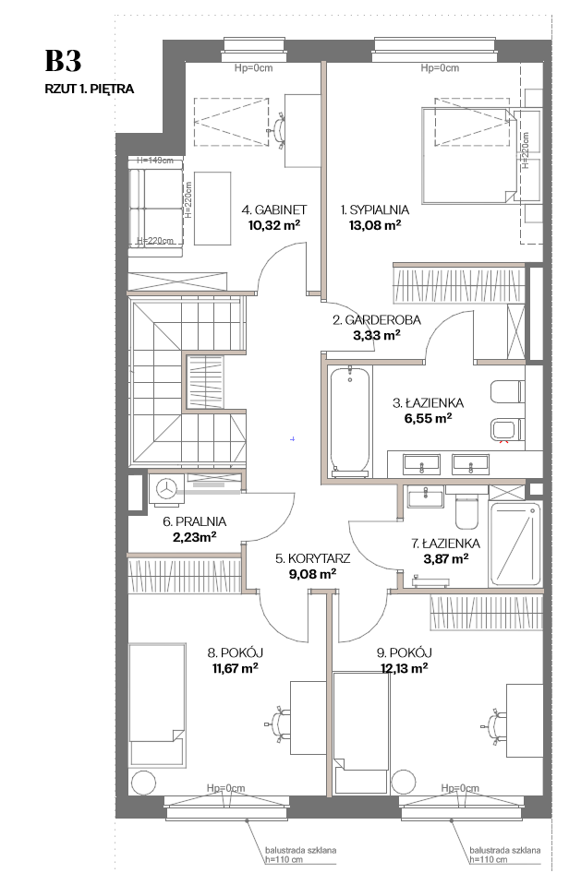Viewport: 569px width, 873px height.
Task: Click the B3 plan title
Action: pyautogui.click(x=63, y=61)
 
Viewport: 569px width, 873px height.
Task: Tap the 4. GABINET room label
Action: pyautogui.click(x=274, y=209)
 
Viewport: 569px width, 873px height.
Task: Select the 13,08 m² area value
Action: pyautogui.click(x=375, y=225)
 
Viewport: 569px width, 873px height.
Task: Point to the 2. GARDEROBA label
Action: pyautogui.click(x=377, y=320)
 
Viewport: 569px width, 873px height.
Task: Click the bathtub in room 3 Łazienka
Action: pyautogui.click(x=349, y=422)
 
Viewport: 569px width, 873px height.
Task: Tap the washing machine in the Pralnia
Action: pyautogui.click(x=165, y=489)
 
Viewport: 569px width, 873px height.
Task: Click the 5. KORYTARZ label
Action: pyautogui.click(x=312, y=558)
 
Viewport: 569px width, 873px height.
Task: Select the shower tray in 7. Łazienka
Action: pyautogui.click(x=515, y=544)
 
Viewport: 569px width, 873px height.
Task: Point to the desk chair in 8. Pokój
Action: pyautogui.click(x=279, y=723)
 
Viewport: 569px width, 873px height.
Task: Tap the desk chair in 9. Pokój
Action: pyautogui.click(x=494, y=725)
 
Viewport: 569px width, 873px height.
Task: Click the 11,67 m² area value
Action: pyautogui.click(x=235, y=668)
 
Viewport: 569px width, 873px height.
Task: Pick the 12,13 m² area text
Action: pyautogui.click(x=404, y=668)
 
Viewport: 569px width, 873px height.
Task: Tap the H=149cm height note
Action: pyautogui.click(x=155, y=161)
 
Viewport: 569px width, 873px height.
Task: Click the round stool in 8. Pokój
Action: pyautogui.click(x=143, y=783)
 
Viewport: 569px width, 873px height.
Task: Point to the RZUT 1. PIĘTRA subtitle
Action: pyautogui.click(x=90, y=90)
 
